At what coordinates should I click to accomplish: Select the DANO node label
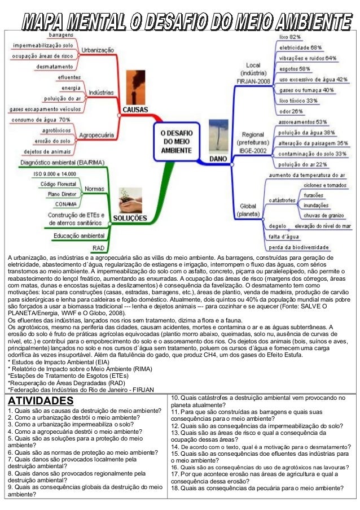pyautogui.click(x=218, y=159)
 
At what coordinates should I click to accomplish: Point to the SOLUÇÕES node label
pyautogui.click(x=131, y=218)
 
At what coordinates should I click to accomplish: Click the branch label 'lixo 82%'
pyautogui.click(x=290, y=37)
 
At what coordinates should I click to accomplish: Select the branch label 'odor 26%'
pyautogui.click(x=291, y=111)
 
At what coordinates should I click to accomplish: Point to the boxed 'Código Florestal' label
pyautogui.click(x=59, y=184)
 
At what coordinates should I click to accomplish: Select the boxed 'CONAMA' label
pyautogui.click(x=66, y=204)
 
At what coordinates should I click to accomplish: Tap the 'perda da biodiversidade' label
pyautogui.click(x=299, y=247)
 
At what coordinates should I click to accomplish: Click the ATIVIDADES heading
pyautogui.click(x=37, y=400)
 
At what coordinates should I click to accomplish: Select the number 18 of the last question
pyautogui.click(x=174, y=488)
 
